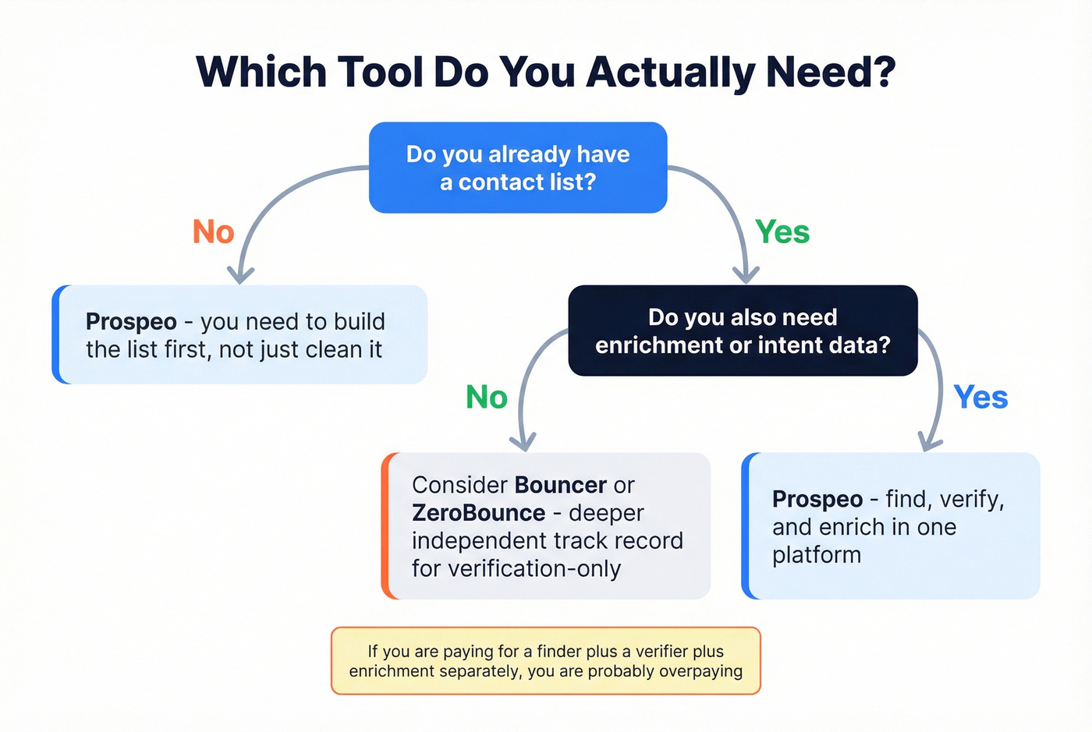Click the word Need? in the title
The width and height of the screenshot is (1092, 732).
[831, 72]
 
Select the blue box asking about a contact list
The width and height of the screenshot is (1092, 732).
[518, 168]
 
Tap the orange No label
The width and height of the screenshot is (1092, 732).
[213, 232]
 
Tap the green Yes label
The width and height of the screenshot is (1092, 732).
[782, 232]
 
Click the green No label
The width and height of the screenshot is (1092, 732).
[486, 398]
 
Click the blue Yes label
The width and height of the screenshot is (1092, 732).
[980, 398]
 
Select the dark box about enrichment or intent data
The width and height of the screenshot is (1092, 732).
[743, 331]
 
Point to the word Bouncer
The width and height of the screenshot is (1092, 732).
[560, 485]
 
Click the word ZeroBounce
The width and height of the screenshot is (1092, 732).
[478, 513]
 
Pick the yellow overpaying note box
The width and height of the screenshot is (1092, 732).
[545, 660]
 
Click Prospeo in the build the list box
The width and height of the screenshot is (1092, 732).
[131, 322]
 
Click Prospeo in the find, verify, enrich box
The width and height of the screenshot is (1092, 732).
[817, 499]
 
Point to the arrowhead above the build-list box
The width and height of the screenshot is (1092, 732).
[240, 275]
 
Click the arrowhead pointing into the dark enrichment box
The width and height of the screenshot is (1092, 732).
[746, 274]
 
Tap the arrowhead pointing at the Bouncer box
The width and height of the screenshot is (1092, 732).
[523, 443]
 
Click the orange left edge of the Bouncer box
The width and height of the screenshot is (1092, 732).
[386, 526]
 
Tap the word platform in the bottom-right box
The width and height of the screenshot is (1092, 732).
[816, 555]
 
